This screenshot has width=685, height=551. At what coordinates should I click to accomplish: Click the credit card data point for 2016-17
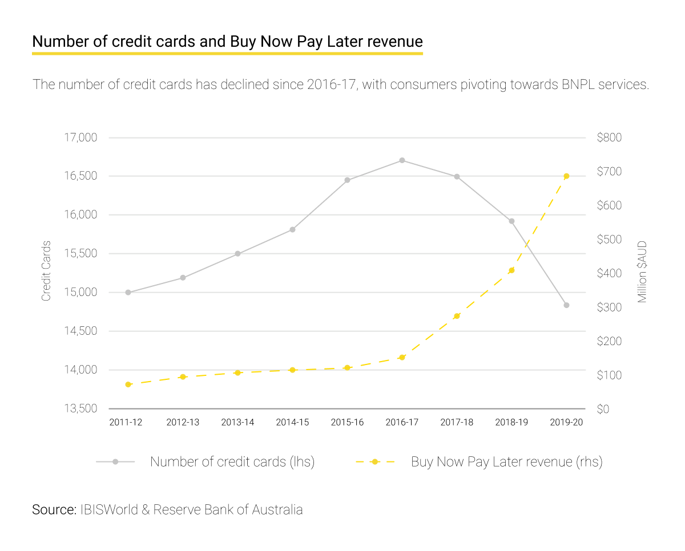click(402, 160)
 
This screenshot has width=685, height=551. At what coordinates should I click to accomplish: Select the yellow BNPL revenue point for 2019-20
click(566, 176)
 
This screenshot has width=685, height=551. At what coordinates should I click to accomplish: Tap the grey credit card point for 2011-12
click(128, 293)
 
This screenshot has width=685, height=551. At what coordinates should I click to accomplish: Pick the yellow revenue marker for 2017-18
click(457, 316)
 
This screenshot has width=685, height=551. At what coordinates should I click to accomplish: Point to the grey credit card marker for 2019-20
click(566, 305)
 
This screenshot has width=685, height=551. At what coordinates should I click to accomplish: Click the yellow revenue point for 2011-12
click(128, 384)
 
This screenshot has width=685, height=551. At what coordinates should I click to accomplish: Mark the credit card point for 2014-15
click(292, 230)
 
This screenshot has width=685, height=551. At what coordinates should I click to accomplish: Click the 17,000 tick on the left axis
click(80, 138)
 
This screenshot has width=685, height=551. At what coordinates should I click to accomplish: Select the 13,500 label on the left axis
click(80, 408)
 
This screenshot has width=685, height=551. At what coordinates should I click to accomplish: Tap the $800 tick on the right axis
click(609, 137)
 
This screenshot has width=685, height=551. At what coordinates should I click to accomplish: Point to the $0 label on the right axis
click(603, 409)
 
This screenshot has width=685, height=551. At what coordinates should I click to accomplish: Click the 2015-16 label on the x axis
click(347, 422)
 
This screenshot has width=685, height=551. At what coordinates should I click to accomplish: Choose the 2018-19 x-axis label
click(511, 422)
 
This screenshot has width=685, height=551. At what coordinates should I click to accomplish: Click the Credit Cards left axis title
click(46, 271)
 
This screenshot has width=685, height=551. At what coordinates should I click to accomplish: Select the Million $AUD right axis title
click(642, 272)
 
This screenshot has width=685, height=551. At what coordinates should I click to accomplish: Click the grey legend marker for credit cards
click(115, 461)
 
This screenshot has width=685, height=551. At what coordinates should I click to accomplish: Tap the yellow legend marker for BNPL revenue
click(375, 461)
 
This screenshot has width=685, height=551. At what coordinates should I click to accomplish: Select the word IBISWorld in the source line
click(109, 509)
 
